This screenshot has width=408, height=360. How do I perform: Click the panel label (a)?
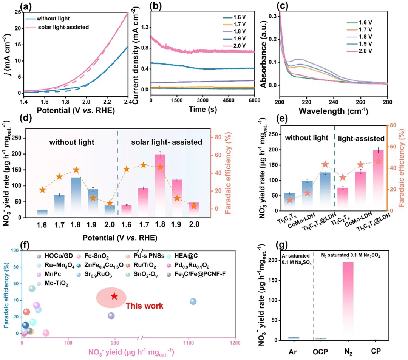9,6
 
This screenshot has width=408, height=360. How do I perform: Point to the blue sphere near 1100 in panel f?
193,301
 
